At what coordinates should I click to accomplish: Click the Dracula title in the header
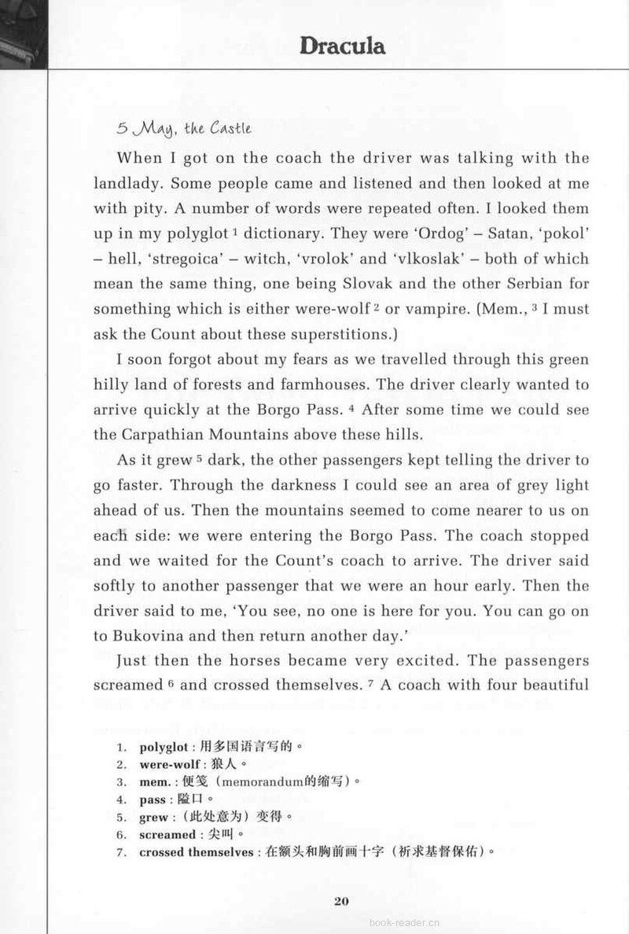(342, 46)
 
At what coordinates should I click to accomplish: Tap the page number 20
(340, 901)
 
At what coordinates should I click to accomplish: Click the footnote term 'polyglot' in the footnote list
(164, 747)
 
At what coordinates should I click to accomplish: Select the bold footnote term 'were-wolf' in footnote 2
(167, 764)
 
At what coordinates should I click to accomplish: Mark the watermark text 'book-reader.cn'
(405, 923)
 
